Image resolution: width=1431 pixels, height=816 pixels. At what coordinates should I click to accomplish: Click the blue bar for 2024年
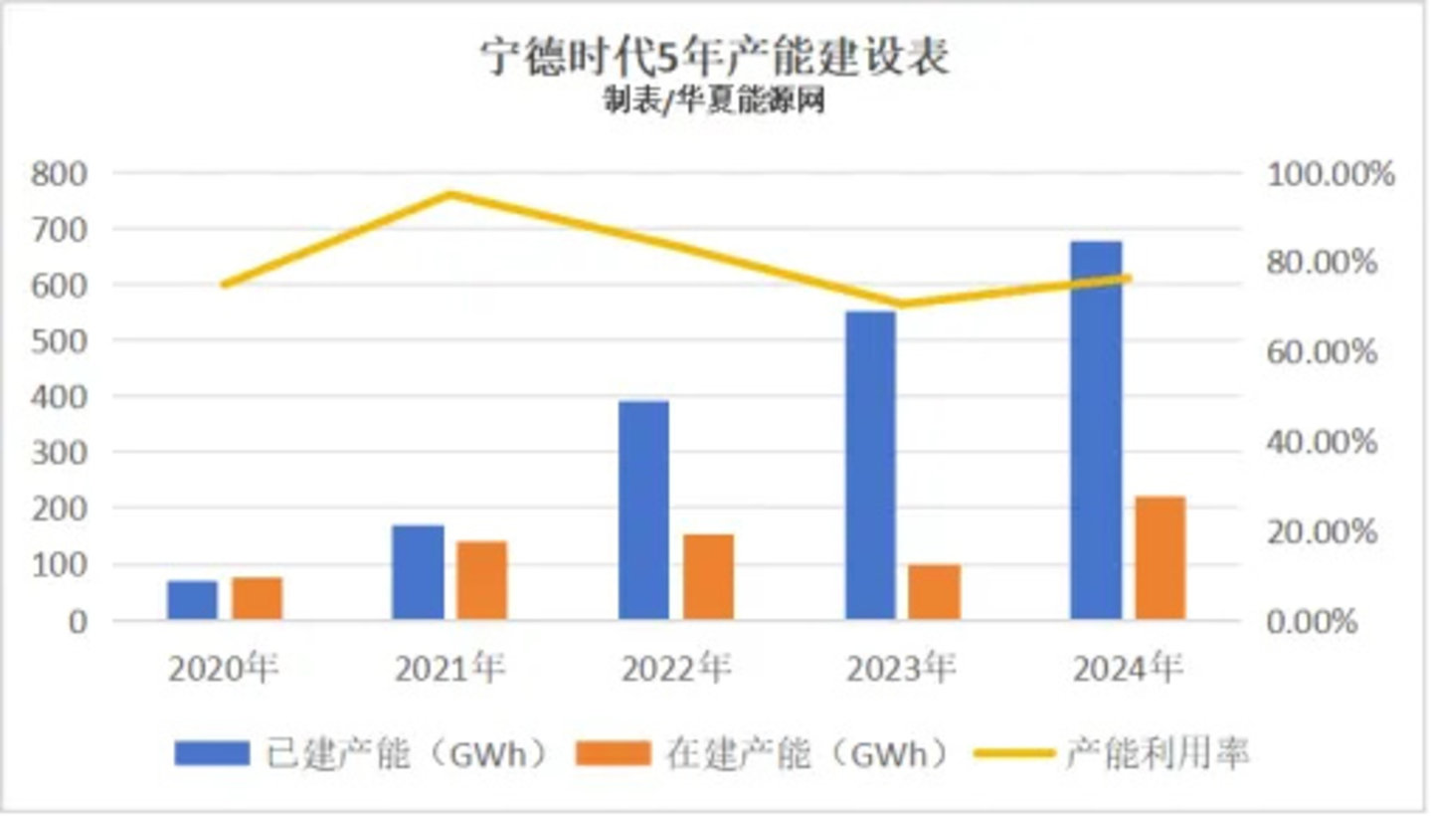1096,430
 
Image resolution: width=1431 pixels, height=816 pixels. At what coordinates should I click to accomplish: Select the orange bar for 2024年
1161,557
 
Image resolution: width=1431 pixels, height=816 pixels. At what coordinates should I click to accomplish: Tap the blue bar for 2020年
192,600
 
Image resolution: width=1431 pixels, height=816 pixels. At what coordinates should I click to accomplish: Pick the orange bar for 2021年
481,580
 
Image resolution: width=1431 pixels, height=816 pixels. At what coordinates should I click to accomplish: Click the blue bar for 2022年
643,510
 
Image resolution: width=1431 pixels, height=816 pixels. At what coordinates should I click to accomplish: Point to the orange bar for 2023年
935,592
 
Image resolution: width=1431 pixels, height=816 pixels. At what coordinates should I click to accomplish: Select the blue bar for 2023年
870,465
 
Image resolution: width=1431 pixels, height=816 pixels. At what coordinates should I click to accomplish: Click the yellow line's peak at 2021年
449,194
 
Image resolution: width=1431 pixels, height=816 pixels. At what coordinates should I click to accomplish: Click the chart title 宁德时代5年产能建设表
715,58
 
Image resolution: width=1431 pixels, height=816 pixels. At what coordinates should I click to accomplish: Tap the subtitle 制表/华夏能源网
714,101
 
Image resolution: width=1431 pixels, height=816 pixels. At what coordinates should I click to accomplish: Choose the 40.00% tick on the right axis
1322,442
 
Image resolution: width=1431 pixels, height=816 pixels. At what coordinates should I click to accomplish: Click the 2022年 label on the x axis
676,669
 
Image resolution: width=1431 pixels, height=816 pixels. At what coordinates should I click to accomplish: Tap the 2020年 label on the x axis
224,669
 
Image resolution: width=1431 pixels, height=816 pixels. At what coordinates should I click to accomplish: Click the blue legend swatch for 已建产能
211,753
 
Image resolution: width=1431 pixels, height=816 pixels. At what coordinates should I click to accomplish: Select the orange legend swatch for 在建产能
613,753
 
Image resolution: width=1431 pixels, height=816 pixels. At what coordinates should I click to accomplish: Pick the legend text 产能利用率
1158,753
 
